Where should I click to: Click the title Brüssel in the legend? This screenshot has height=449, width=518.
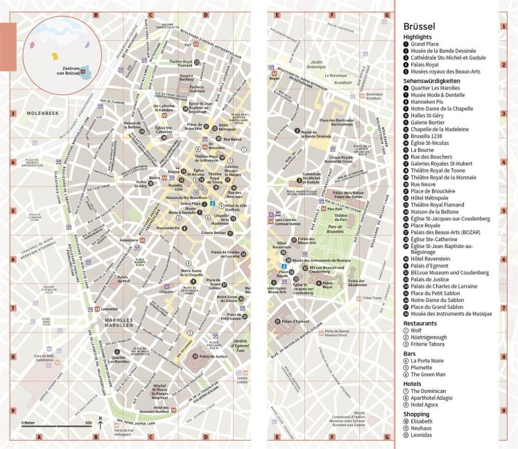424,26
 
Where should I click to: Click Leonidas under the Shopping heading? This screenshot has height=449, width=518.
422,434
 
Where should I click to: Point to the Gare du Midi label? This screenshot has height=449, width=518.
44,358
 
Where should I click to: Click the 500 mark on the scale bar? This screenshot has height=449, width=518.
87,423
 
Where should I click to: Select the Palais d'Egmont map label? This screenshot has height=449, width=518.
296,322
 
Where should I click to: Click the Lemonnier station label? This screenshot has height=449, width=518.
110,308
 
